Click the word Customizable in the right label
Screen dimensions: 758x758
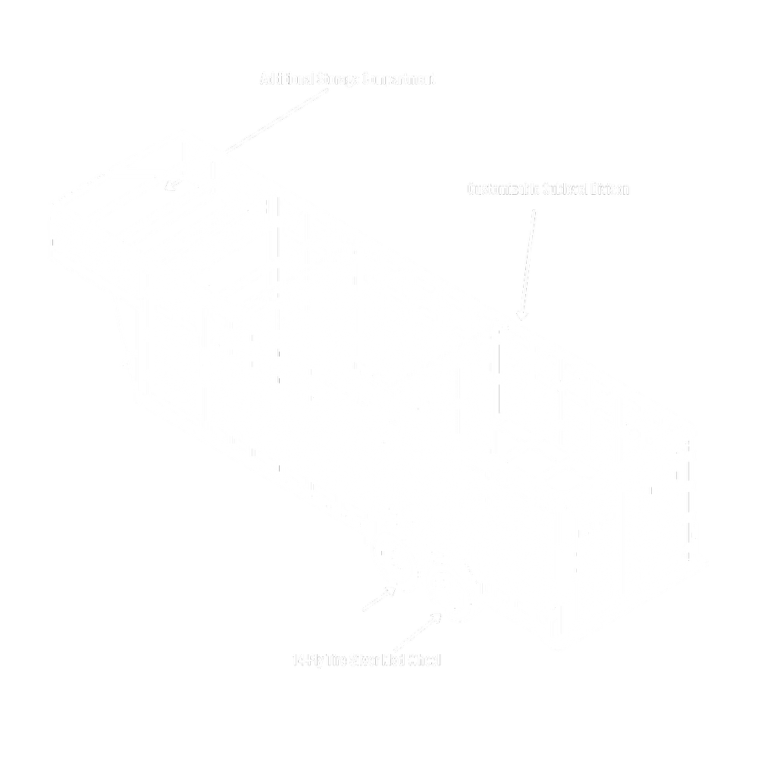tap(503, 189)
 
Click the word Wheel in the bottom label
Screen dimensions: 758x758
tap(424, 660)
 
